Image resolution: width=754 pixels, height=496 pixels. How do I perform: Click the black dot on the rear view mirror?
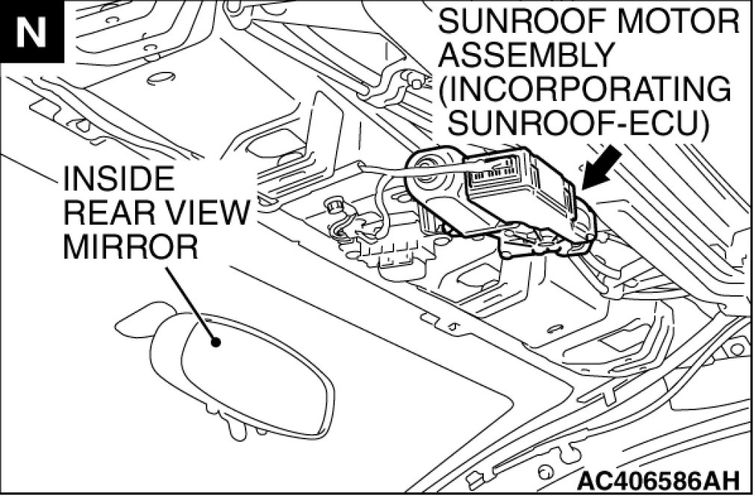coord(217,343)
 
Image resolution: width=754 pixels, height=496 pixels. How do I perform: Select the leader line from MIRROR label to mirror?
coord(190,303)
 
